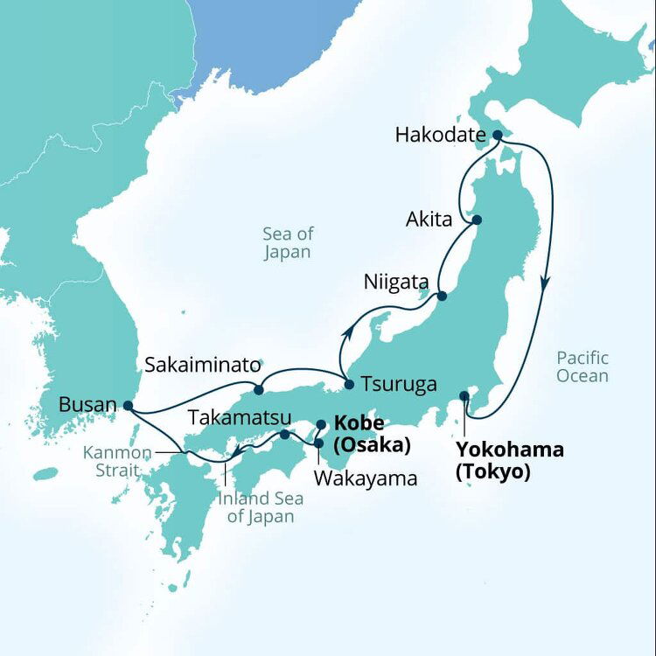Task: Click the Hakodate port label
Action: pyautogui.click(x=440, y=136)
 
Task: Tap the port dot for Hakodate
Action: pyautogui.click(x=497, y=136)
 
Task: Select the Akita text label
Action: pyautogui.click(x=429, y=220)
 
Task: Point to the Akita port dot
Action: pyautogui.click(x=478, y=220)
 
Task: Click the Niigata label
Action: pyautogui.click(x=396, y=283)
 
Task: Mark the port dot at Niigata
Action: pyautogui.click(x=442, y=297)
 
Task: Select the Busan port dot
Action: pyautogui.click(x=129, y=406)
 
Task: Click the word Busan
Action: pyautogui.click(x=87, y=405)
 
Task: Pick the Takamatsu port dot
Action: pyautogui.click(x=284, y=435)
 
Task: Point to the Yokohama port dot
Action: pyautogui.click(x=464, y=396)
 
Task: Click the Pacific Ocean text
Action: pyautogui.click(x=582, y=366)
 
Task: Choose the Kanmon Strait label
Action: pyautogui.click(x=118, y=462)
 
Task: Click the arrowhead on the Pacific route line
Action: pyautogui.click(x=545, y=284)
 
